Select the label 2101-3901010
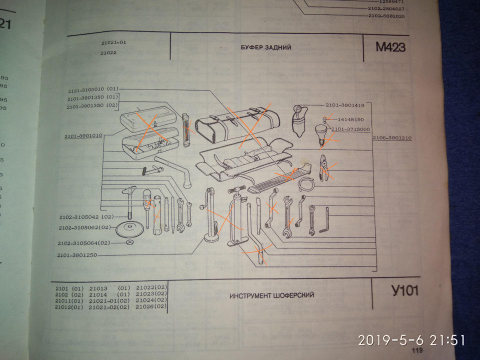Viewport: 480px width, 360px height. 83,135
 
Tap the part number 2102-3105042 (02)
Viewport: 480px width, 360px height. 84,217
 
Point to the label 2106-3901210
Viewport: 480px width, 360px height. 392,137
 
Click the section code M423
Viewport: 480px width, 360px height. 390,48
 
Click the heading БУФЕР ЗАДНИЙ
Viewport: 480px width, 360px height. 265,48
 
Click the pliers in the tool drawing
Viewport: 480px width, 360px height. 324,168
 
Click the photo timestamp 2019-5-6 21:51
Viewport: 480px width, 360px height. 411,340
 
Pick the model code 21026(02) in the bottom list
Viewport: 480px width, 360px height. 151,306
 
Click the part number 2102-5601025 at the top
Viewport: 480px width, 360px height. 386,16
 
